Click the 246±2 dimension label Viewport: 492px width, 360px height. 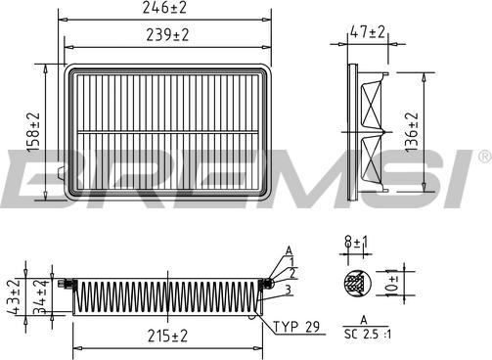click(164, 8)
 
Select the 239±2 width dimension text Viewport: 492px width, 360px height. click(167, 35)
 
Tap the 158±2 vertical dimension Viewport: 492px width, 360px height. click(33, 132)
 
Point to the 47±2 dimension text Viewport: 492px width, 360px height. click(368, 32)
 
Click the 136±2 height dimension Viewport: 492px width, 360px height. click(412, 132)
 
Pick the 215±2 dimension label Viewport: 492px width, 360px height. click(167, 336)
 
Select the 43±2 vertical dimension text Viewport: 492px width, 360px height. click(14, 296)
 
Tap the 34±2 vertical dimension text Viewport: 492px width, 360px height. click(41, 296)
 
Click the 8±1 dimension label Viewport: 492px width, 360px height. click(356, 243)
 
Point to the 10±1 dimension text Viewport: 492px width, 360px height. click(392, 283)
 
